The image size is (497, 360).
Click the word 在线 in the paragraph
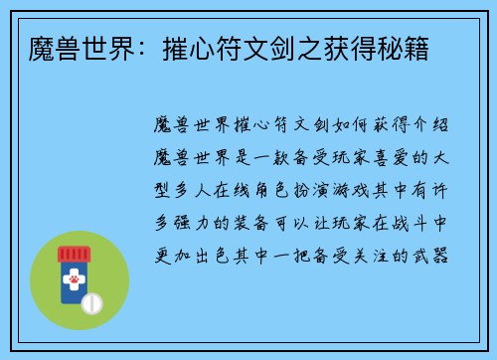[243, 192]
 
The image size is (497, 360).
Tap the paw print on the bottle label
[73, 282]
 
